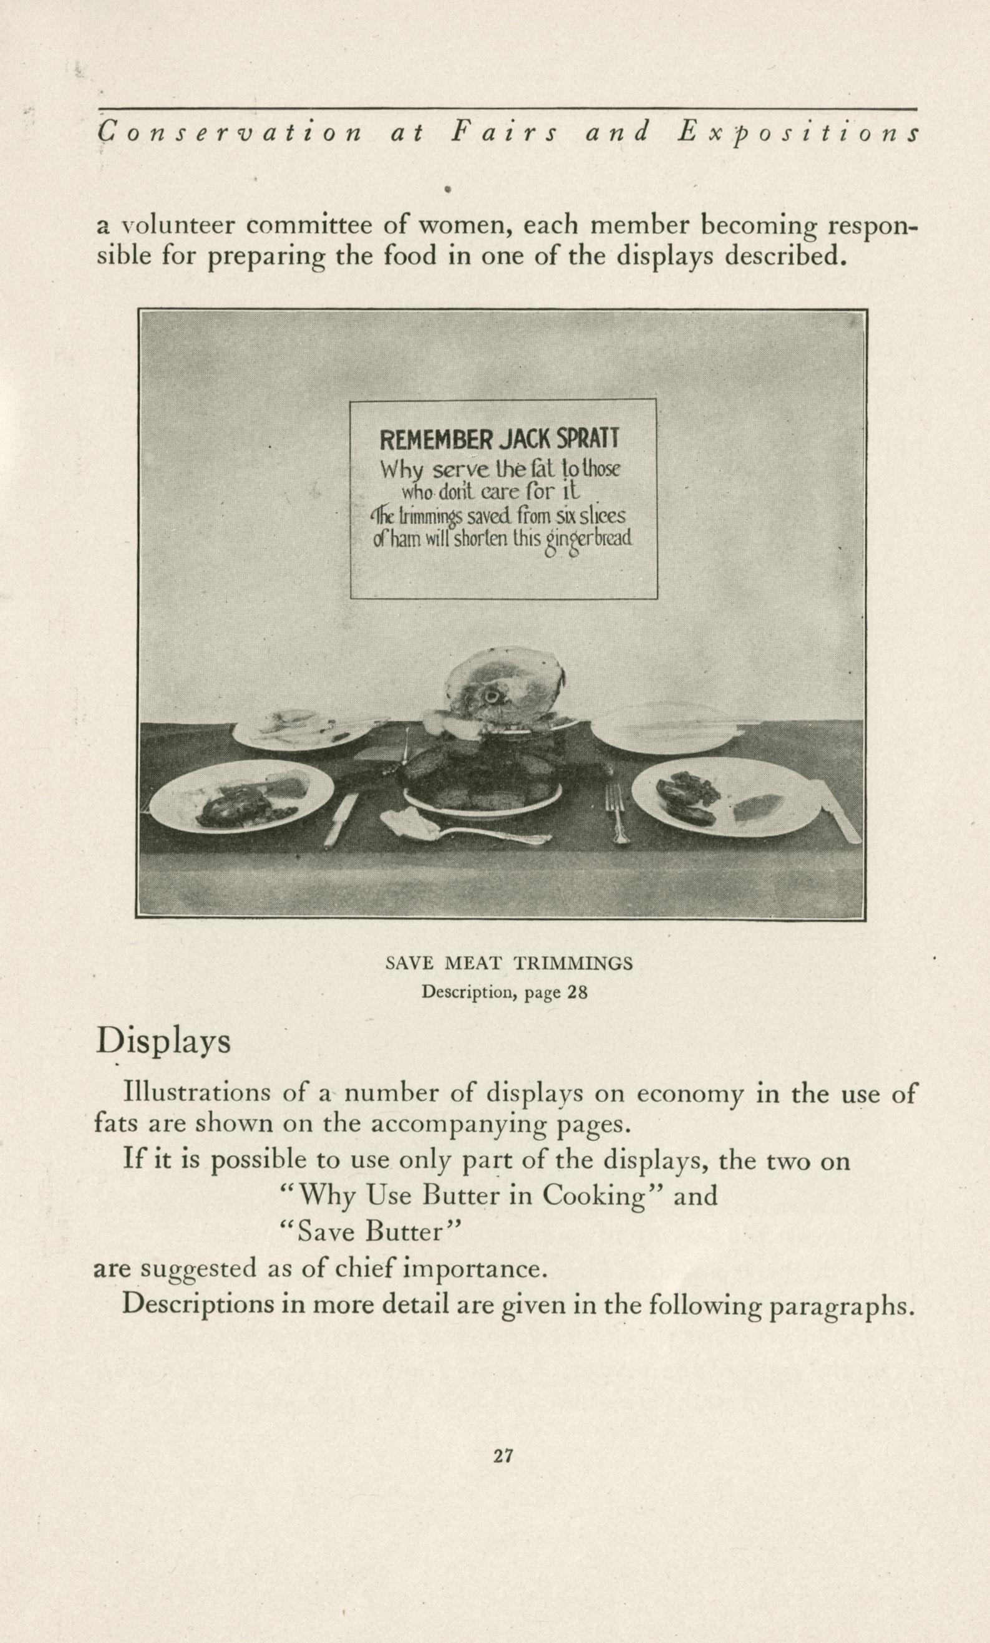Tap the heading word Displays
point(163,1042)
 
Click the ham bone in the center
point(494,696)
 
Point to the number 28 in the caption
point(576,993)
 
